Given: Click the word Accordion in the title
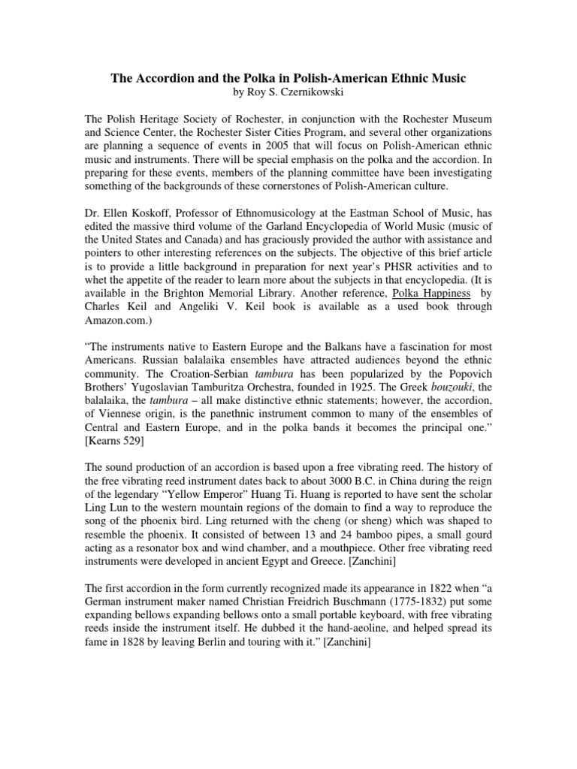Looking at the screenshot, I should coord(165,77).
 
